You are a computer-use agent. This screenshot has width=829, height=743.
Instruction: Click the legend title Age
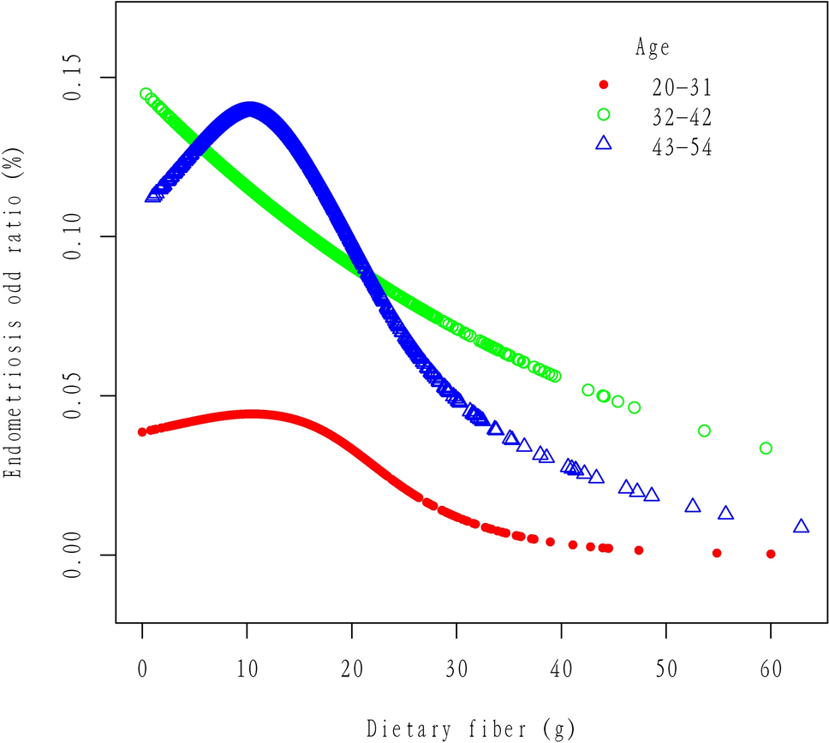coord(653,47)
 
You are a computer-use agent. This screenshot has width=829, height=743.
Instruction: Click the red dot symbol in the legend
coord(603,85)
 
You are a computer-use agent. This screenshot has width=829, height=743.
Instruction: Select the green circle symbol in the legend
coord(603,115)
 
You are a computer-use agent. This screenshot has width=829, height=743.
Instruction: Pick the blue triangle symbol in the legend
coord(603,144)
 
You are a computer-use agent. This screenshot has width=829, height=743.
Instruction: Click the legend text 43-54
coord(680,146)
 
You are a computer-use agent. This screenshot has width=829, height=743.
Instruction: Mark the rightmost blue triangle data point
coord(801,526)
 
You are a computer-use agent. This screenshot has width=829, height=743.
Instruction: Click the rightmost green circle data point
coord(766,449)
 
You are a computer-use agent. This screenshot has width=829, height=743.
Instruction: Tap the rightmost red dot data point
coord(771,554)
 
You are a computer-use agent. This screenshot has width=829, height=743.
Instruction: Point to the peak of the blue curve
coord(249,110)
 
